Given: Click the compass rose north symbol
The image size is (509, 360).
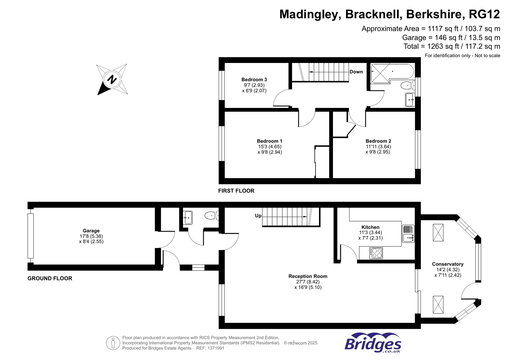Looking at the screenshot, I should pos(112,79).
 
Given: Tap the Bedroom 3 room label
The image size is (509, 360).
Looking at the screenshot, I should pos(254,80).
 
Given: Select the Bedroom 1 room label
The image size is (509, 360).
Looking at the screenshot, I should pos(270,141).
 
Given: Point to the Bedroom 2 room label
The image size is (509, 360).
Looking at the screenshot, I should pos(378,141).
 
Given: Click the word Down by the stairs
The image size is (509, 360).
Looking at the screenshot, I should pos(356,72).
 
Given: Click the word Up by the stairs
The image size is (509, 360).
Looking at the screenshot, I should pos(258,216).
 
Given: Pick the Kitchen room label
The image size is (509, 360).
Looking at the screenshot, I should pos(370,227).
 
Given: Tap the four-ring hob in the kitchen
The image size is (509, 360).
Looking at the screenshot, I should pos(376,253).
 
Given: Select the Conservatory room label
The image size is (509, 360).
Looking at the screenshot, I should pos(448,264).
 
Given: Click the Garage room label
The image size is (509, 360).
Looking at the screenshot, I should pos(91,231).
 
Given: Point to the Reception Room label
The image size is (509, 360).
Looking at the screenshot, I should pos(308,276).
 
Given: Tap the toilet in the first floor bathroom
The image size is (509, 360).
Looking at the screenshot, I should pos(406,85).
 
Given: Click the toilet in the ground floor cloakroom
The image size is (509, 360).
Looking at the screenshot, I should pos(210,215).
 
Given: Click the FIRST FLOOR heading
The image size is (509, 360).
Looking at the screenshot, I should pos(236,191).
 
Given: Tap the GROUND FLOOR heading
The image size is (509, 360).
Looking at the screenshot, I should pos(50,278).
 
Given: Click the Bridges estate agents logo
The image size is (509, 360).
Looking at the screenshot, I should pos(373,342).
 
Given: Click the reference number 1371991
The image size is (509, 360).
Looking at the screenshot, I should pos(215,348).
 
